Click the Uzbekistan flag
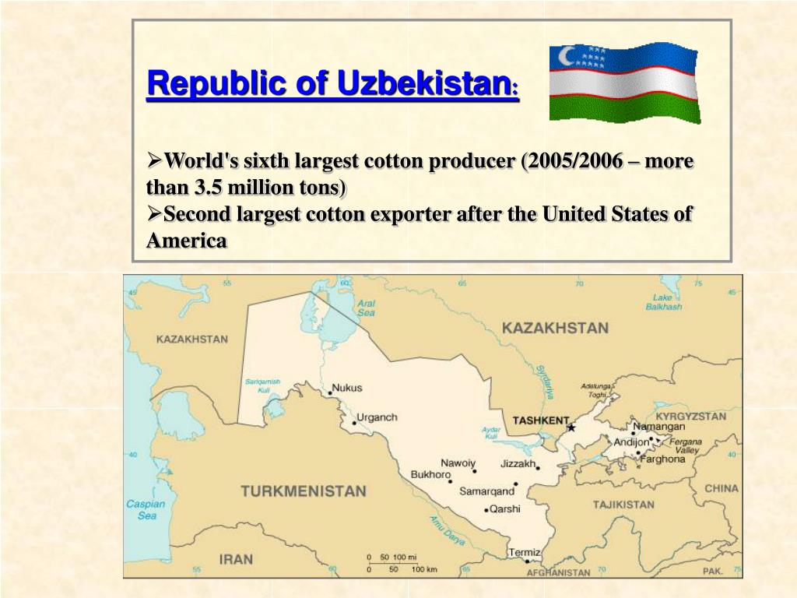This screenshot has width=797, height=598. (623, 82)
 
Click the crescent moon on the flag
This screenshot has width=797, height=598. (567, 56)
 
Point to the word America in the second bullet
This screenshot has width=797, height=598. (187, 241)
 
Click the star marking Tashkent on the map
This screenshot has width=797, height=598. (571, 427)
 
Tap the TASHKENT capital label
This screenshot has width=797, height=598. (540, 420)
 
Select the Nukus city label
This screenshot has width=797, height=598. (347, 388)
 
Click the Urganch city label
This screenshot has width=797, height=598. (377, 417)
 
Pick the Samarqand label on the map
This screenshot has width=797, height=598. (486, 491)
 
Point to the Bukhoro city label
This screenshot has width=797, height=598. (430, 474)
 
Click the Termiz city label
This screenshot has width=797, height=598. (524, 552)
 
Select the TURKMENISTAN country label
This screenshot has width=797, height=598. (303, 491)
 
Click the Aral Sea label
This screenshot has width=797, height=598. (366, 308)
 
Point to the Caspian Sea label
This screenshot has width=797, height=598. (146, 509)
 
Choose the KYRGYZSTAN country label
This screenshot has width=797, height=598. (690, 416)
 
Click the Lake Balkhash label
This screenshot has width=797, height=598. (663, 302)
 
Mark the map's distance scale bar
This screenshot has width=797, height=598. (394, 562)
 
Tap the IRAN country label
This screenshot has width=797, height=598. (236, 559)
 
